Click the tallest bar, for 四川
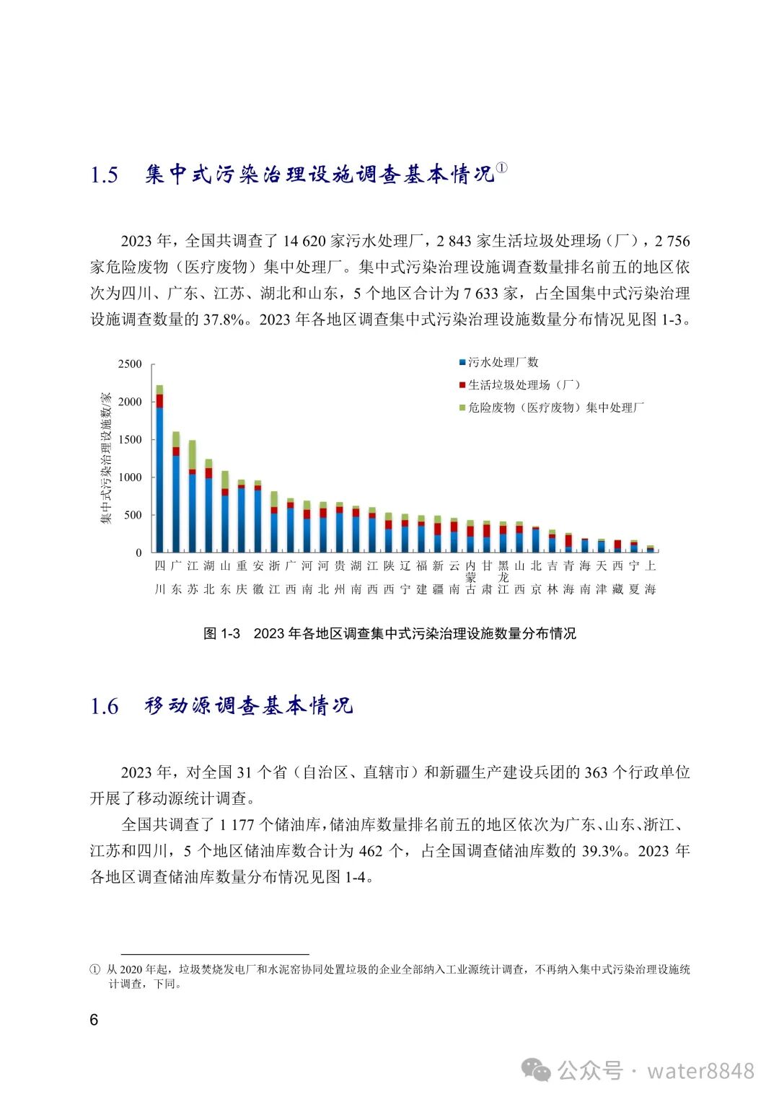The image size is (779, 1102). point(159,469)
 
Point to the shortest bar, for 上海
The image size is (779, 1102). point(651,550)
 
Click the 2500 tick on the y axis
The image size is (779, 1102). point(131,364)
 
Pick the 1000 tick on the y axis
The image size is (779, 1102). point(131,477)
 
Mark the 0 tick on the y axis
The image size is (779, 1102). point(138,553)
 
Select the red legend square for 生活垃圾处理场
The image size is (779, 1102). point(462,385)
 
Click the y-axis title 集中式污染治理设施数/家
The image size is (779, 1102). point(106,458)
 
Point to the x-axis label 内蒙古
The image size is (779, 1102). point(471,577)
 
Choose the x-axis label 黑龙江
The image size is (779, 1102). point(503,577)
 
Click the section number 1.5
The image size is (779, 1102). point(104,175)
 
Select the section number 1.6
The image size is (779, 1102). point(104,707)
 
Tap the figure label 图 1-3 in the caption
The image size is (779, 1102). point(221,634)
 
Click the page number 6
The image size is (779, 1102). point(94,1020)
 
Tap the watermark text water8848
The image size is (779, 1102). point(700,1071)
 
